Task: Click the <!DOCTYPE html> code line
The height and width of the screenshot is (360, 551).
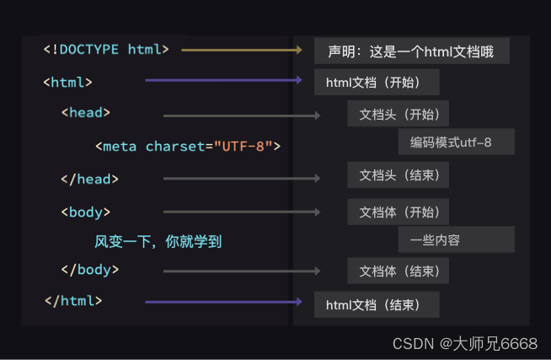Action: [x=106, y=50]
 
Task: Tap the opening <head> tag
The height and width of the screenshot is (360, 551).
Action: [x=85, y=112]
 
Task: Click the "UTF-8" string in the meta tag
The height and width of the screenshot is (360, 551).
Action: [x=244, y=147]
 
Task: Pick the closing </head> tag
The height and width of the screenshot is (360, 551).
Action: [x=89, y=179]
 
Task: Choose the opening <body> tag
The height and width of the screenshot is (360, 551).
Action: [x=85, y=212]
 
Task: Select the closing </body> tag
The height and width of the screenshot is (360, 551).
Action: [x=89, y=271]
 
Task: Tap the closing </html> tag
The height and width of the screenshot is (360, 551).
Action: [x=72, y=301]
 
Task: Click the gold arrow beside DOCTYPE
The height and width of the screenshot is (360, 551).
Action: [x=241, y=51]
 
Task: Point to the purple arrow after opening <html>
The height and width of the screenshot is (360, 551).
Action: [x=223, y=81]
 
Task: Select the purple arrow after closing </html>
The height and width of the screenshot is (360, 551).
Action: [x=223, y=301]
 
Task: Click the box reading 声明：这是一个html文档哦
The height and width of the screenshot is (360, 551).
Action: [x=412, y=51]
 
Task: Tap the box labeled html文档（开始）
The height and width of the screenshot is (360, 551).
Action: [x=377, y=83]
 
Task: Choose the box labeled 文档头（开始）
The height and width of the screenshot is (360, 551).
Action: [x=398, y=114]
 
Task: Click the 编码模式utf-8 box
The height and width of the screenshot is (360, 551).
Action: [x=456, y=142]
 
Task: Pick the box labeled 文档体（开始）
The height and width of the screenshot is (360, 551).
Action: [x=398, y=211]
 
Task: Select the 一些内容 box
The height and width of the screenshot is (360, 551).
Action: [x=456, y=240]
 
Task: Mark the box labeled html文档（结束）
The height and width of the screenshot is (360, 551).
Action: [x=377, y=304]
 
